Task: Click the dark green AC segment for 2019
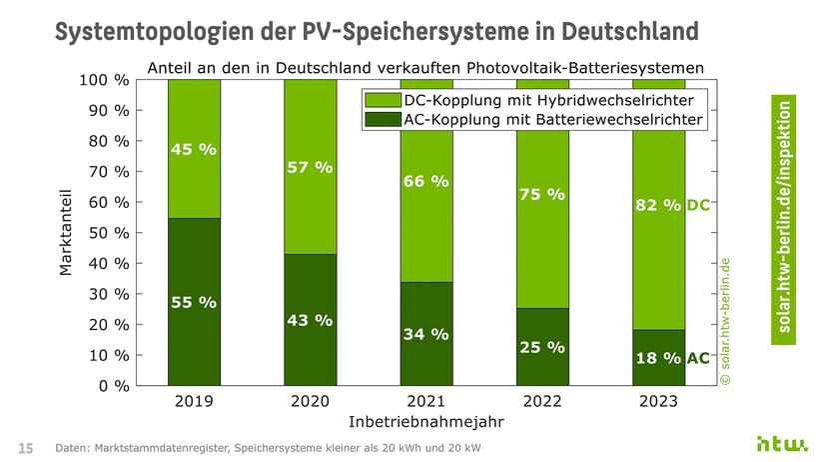point(194,301)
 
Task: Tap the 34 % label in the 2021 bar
point(425,333)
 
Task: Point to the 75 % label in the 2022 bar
point(542,194)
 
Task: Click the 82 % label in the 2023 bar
point(658,205)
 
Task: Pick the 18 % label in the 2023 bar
point(658,358)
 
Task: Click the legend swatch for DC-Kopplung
point(383,101)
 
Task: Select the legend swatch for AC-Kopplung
point(383,120)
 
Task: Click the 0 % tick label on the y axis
point(109,386)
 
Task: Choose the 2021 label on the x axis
point(425,402)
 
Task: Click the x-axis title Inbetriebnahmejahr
point(425,422)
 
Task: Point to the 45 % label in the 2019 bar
point(194,150)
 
